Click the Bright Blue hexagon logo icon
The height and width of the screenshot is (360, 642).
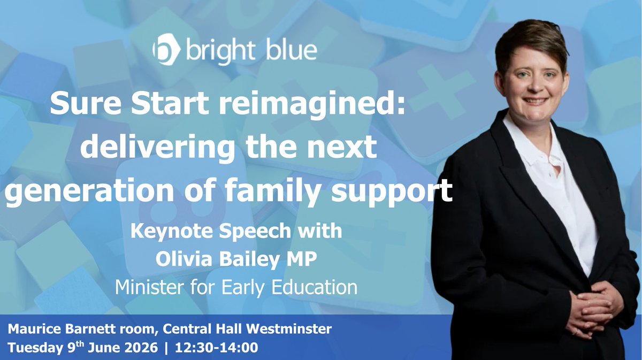coord(166,49)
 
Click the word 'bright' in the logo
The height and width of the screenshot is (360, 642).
coord(220,51)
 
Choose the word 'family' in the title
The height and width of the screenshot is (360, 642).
coord(272,190)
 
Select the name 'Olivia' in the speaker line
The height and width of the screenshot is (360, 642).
coord(184,258)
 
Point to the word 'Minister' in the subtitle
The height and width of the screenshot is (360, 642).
coord(149,287)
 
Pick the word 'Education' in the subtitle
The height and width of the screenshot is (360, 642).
coord(314,287)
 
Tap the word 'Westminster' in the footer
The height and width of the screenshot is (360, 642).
coord(289,329)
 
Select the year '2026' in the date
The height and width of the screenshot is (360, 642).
coord(141,348)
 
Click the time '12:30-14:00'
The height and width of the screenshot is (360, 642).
coord(216,348)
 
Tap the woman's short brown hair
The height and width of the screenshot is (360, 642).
coord(533,43)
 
